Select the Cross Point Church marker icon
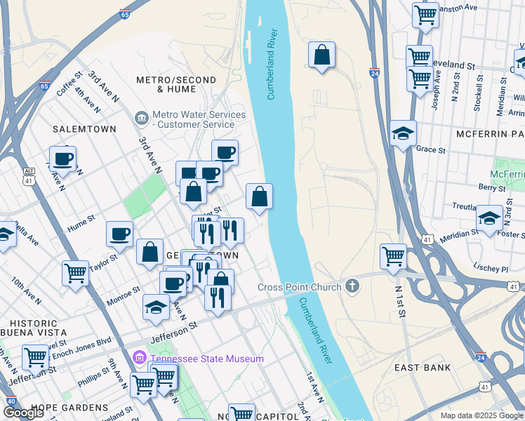coord(352,286)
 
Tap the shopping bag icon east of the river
coord(321,55)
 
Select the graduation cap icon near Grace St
coord(403,133)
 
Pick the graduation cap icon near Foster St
coord(489,218)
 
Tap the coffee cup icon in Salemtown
coord(62,159)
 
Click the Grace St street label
coord(431,149)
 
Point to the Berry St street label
coord(492,187)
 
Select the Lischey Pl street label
coord(491,268)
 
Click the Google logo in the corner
coord(24,413)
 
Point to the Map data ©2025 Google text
coord(481,415)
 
